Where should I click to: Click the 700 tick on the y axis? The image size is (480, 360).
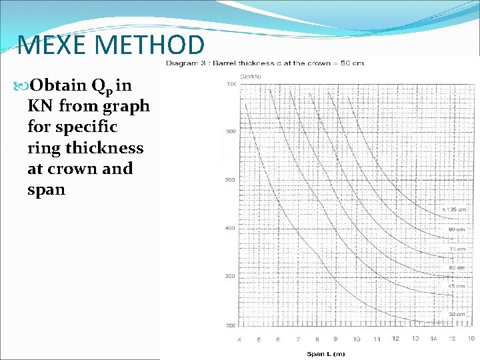(x=231, y=84)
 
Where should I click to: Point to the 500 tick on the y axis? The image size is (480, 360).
(x=231, y=181)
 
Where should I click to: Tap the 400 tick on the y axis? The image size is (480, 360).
(x=231, y=229)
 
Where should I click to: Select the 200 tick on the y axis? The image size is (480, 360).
(x=231, y=325)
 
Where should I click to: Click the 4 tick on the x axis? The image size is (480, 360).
(x=239, y=339)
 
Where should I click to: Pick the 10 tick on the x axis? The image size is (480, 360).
(x=356, y=339)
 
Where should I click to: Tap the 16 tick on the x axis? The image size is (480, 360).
(x=471, y=339)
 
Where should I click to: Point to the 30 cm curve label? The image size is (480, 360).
(x=456, y=314)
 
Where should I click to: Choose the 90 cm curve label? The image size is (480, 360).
(x=457, y=230)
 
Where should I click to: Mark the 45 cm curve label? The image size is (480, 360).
(x=456, y=286)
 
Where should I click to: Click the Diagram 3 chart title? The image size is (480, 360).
(x=263, y=63)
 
